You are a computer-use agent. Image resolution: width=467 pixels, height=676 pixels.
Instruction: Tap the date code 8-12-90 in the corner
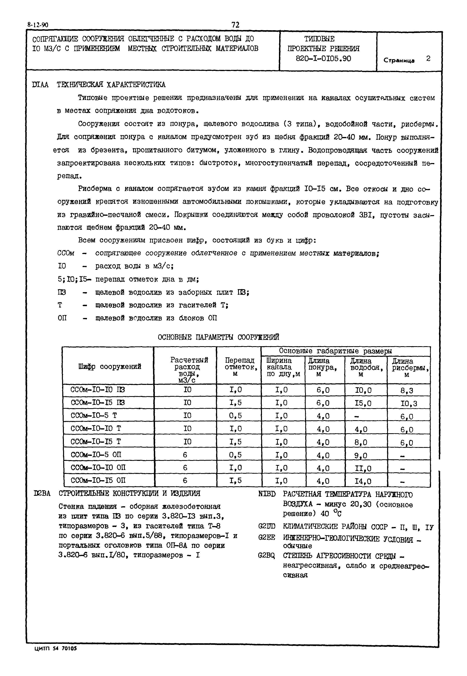pyautogui.click(x=38, y=25)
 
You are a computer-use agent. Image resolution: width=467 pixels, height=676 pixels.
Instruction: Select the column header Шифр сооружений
pyautogui.click(x=110, y=366)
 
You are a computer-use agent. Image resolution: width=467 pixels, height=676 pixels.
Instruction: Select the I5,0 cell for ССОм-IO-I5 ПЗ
pyautogui.click(x=363, y=403)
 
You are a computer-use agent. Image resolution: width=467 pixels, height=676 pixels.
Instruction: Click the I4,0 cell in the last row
pyautogui.click(x=363, y=481)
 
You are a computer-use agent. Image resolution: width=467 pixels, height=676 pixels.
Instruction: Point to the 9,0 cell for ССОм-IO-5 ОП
pyautogui.click(x=361, y=456)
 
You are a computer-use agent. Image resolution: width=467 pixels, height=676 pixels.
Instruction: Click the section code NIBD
pyautogui.click(x=267, y=494)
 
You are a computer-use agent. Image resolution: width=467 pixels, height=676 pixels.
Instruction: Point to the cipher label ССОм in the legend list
pyautogui.click(x=66, y=253)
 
